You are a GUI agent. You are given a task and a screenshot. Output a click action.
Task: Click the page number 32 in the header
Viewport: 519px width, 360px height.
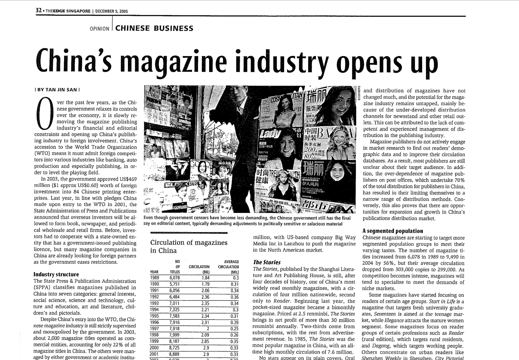pos(38,10)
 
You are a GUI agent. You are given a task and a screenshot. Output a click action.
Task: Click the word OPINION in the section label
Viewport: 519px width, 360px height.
pos(99,29)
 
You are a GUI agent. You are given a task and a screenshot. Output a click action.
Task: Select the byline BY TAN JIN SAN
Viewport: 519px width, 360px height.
pos(58,90)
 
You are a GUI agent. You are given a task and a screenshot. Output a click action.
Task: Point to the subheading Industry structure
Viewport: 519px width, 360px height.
pos(56,275)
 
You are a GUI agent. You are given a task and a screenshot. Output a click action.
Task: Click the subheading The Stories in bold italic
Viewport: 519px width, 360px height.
pos(267,262)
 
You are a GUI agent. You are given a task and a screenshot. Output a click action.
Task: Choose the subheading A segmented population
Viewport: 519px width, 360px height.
pos(392,231)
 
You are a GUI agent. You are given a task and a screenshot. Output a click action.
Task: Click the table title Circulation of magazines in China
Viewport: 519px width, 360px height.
pos(189,246)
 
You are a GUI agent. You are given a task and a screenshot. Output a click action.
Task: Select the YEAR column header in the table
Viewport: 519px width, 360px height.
pos(154,272)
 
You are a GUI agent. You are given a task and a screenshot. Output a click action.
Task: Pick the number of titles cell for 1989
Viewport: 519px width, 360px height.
pos(174,278)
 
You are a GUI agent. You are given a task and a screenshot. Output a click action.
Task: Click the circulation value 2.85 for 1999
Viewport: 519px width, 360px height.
pos(205,342)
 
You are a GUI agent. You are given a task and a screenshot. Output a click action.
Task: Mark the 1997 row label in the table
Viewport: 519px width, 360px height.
pos(154,329)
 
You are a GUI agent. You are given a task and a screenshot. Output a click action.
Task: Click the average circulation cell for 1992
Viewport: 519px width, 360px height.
pos(234,297)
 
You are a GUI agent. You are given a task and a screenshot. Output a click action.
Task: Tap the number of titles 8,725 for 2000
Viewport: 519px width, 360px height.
pos(174,348)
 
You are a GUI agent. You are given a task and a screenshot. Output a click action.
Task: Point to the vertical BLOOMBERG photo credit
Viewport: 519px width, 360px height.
pos(359,93)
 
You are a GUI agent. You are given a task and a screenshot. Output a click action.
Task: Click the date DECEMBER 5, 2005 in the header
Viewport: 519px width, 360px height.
pos(112,11)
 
